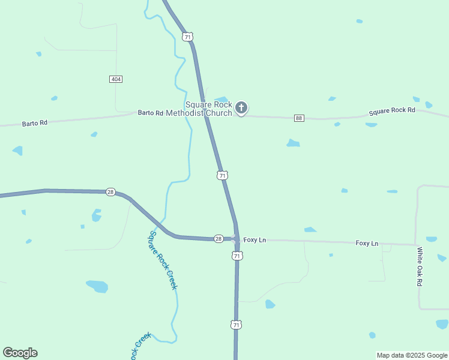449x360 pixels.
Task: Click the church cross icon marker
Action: [241, 108]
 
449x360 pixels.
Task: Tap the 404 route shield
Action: [116, 79]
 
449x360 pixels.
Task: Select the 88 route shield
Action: [299, 118]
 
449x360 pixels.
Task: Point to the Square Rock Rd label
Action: [392, 111]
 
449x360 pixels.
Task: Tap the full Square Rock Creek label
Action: [163, 260]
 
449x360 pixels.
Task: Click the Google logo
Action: [20, 353]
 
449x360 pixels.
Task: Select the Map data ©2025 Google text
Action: [411, 355]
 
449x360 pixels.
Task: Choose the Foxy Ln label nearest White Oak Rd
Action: [367, 243]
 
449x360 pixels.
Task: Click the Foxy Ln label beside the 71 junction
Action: [255, 240]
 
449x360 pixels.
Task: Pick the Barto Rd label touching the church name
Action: [150, 113]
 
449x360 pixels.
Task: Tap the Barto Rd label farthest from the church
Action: [34, 123]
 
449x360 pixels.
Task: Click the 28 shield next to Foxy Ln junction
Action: [218, 239]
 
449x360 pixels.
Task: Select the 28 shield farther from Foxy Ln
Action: [110, 192]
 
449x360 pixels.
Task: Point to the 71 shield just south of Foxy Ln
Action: [237, 256]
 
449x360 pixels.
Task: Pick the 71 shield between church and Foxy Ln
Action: [223, 175]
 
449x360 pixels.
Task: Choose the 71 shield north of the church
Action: [188, 37]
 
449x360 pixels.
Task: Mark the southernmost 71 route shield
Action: [236, 325]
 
